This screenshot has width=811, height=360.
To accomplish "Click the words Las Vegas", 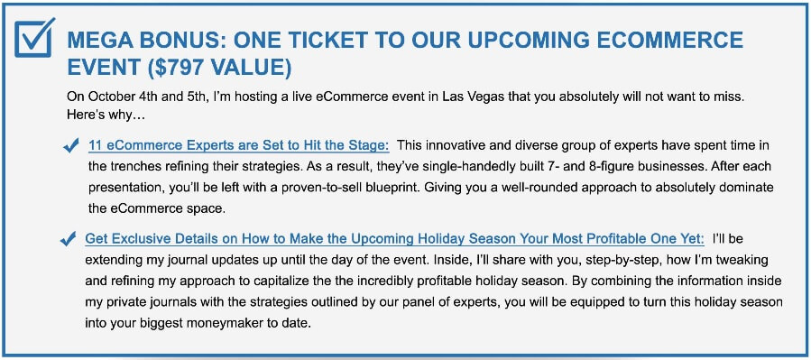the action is tap(468, 97).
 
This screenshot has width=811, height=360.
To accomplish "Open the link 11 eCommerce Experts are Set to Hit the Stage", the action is tap(239, 146).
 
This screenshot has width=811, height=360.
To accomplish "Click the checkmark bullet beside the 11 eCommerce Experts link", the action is tap(69, 147).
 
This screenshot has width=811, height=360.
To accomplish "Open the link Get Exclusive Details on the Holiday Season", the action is tap(394, 239).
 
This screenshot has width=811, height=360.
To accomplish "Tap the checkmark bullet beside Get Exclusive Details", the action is tap(68, 239).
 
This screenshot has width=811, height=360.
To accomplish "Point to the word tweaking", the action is tap(746, 259).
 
